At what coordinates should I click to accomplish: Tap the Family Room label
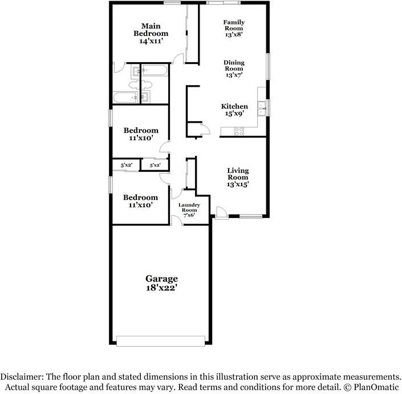click(x=233, y=26)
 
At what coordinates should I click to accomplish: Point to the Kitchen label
click(x=234, y=107)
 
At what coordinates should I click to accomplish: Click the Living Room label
click(x=238, y=174)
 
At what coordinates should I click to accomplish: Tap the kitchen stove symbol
click(x=239, y=131)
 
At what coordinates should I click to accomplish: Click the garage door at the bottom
click(x=161, y=341)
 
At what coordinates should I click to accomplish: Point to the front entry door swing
click(x=221, y=212)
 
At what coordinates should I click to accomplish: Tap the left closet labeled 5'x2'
click(x=126, y=165)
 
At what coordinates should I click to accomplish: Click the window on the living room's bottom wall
click(x=250, y=216)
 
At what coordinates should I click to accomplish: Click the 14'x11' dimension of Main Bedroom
click(x=151, y=41)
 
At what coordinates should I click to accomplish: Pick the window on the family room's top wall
click(x=215, y=3)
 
